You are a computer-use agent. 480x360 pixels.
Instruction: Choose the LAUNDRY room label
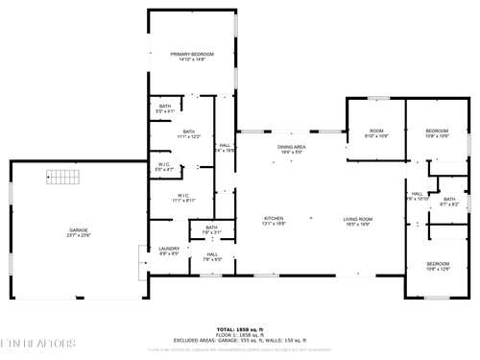[169, 251]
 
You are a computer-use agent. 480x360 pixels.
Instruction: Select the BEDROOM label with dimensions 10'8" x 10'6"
[438, 133]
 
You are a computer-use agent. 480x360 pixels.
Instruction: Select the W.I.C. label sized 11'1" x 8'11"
[183, 198]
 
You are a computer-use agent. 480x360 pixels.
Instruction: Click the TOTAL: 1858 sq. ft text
[239, 328]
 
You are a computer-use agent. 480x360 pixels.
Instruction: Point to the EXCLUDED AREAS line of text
[239, 340]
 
